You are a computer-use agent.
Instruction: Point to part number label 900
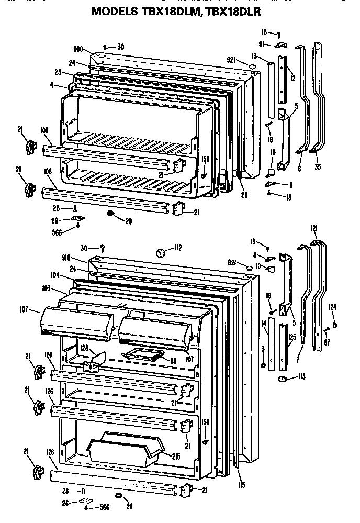tap(79, 50)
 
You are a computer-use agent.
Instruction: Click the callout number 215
tap(176, 456)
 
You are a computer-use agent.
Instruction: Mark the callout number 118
tap(173, 361)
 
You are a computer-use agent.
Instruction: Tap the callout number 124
tap(333, 307)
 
